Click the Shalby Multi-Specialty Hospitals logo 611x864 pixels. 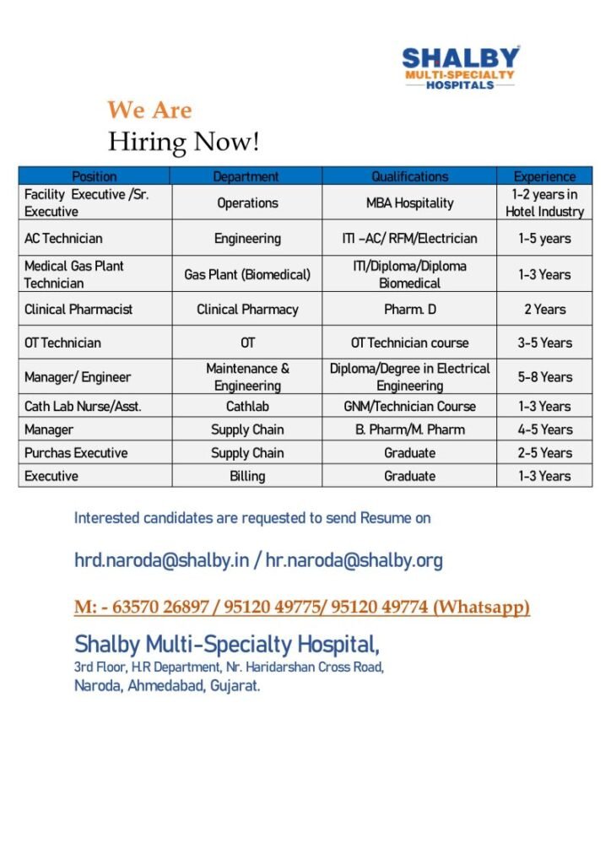(x=460, y=67)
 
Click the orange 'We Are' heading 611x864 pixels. (x=149, y=110)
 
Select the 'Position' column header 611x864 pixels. (x=95, y=176)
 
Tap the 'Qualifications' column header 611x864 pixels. (x=409, y=176)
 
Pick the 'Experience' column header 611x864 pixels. (x=544, y=176)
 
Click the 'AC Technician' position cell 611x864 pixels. (x=63, y=239)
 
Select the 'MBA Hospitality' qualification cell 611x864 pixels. (x=409, y=202)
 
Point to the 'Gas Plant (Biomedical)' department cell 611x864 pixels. (x=247, y=274)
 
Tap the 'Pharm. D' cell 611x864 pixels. (x=409, y=309)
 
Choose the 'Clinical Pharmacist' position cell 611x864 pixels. (x=78, y=309)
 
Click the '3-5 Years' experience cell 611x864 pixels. (x=544, y=343)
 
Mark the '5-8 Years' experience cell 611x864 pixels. (x=544, y=377)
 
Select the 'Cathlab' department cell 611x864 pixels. (x=247, y=406)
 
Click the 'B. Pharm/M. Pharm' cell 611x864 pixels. (x=409, y=429)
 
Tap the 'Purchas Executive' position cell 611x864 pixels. (x=76, y=453)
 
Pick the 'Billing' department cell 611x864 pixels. (x=247, y=476)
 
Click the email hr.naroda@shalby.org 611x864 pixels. (x=354, y=560)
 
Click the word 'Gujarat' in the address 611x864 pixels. (x=235, y=686)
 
